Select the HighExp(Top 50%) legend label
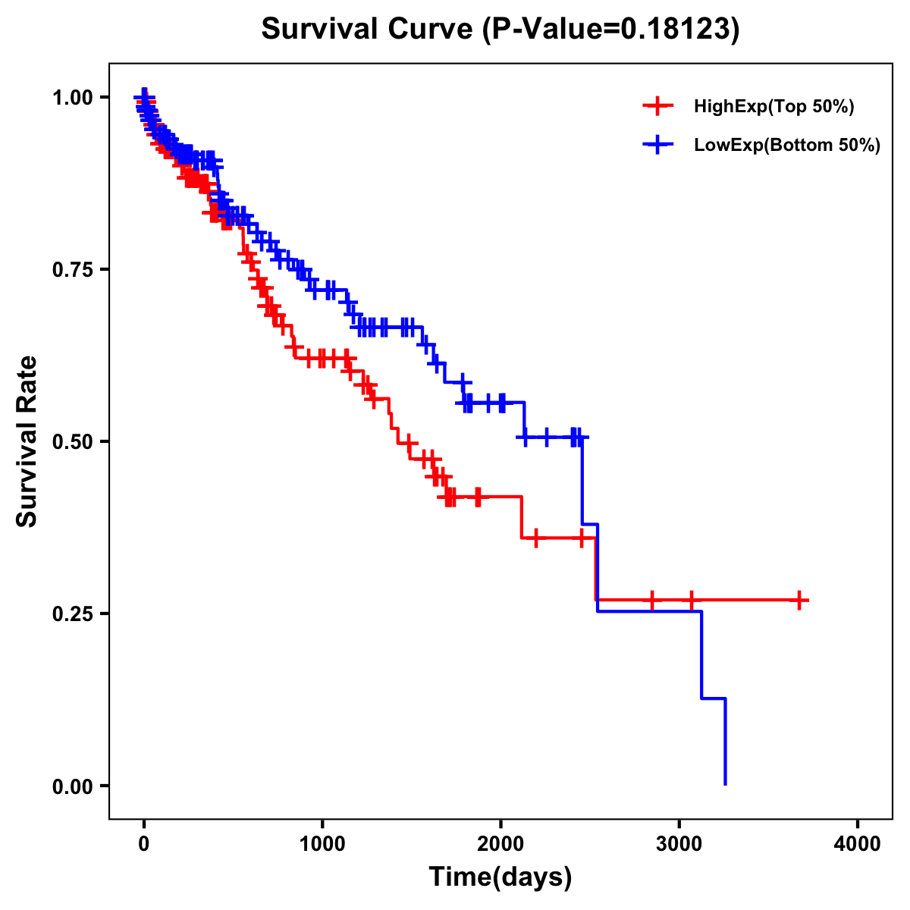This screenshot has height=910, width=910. (773, 107)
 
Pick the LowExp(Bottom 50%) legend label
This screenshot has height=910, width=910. (786, 145)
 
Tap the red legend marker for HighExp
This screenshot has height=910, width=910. (657, 107)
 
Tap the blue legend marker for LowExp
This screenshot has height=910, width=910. (657, 145)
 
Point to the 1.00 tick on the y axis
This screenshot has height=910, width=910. (72, 97)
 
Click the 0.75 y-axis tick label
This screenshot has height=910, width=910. (72, 269)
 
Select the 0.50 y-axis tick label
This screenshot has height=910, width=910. (72, 441)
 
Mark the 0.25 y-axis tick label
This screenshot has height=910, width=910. (72, 613)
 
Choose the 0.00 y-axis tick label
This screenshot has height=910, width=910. (72, 786)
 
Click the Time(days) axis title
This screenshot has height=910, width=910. (500, 877)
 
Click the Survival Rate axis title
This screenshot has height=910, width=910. (27, 441)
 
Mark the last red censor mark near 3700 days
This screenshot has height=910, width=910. (799, 600)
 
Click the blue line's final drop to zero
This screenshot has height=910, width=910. (726, 743)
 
